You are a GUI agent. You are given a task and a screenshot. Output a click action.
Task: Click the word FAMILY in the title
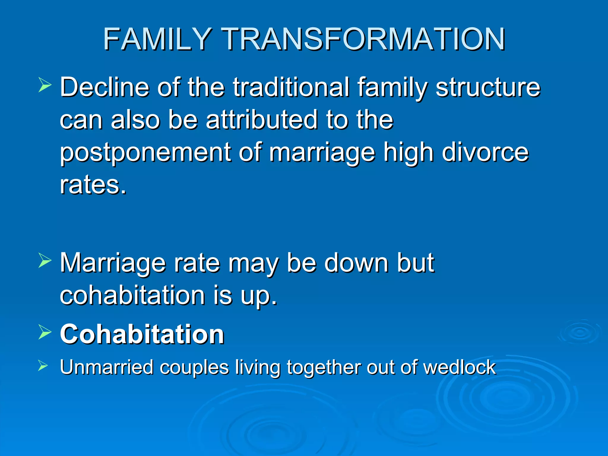pos(157,39)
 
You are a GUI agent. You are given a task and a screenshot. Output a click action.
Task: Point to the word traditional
pos(291,87)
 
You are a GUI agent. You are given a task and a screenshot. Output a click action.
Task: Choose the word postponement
pos(145,153)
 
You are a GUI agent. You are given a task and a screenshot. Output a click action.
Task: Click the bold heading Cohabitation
pos(142,334)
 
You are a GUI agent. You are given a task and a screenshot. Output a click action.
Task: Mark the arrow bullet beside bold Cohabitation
pos(45,332)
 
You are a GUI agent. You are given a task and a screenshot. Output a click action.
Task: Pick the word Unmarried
pos(107,367)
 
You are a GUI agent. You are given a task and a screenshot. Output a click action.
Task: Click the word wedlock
pos(459,367)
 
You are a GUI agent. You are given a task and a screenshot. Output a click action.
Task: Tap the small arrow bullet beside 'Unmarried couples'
pos(43,366)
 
